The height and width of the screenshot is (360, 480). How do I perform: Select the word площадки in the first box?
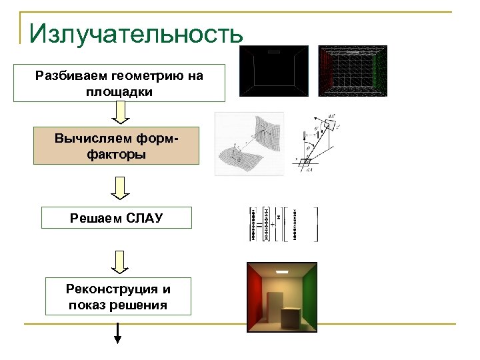[119, 93]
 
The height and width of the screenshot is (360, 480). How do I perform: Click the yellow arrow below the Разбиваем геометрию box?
[119, 115]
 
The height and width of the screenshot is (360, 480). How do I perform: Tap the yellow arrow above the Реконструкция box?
[119, 262]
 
